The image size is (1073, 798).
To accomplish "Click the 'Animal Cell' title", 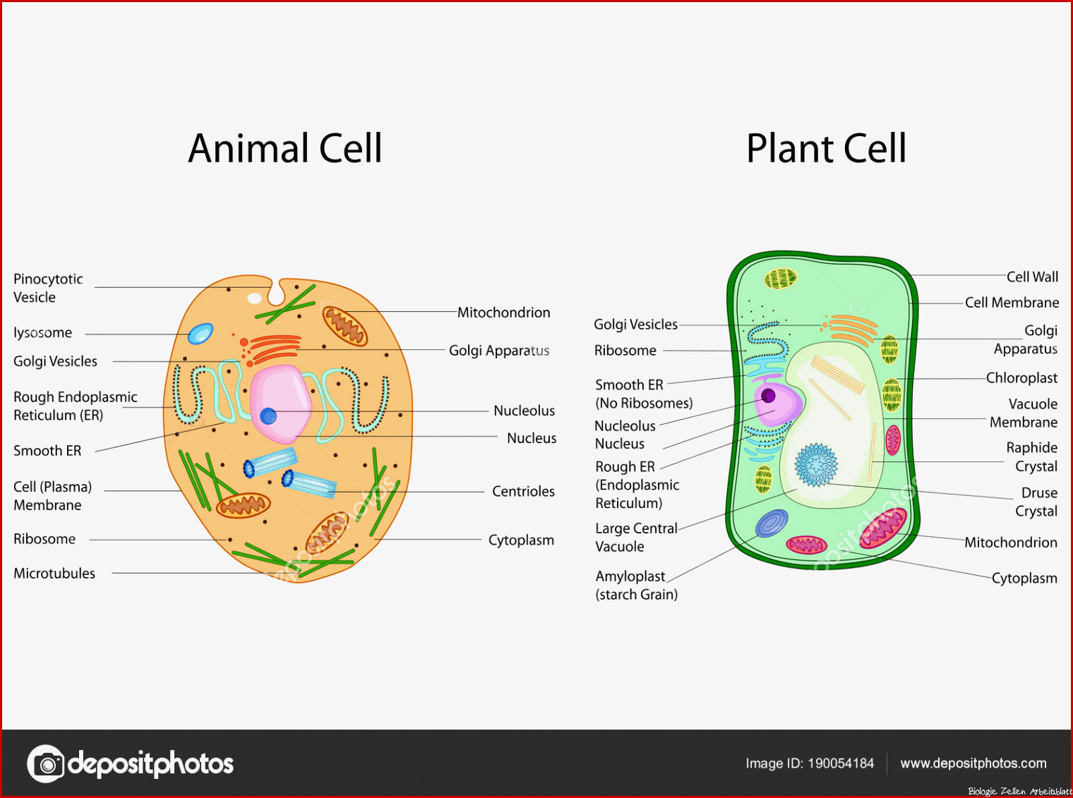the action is pos(285,148).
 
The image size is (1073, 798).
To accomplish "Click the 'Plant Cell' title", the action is pos(826,148).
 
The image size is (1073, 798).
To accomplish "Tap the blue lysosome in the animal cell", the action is pos(200,334).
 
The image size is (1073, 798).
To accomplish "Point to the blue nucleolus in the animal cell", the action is pos(268,416).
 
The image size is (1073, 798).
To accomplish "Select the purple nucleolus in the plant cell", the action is pos(768,396).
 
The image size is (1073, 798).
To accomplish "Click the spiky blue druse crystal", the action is pos(815,465).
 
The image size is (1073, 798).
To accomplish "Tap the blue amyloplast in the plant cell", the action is pos(772,524).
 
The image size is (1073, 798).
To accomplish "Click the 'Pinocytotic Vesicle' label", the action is pos(47,288).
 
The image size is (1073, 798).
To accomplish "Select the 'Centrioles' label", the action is pos(523,491).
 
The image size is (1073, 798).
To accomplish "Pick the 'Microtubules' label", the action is pos(54,573).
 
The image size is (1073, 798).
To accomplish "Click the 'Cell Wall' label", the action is pos(1032,277).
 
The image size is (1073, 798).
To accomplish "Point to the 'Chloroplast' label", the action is pos(1021,377).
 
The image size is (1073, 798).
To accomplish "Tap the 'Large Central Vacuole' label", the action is pos(635,538).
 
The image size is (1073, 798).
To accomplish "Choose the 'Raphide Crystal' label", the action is pos(1031,457).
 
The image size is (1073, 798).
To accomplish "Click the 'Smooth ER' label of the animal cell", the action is pos(47,451).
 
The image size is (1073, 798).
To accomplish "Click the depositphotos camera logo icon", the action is pos(45,763).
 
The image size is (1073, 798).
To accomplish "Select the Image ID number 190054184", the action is pos(841,763).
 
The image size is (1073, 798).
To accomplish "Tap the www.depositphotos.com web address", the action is pos(973,763).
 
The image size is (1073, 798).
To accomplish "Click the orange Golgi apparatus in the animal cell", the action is pos(272,349).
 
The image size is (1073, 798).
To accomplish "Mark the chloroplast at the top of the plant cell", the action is pos(780,279).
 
